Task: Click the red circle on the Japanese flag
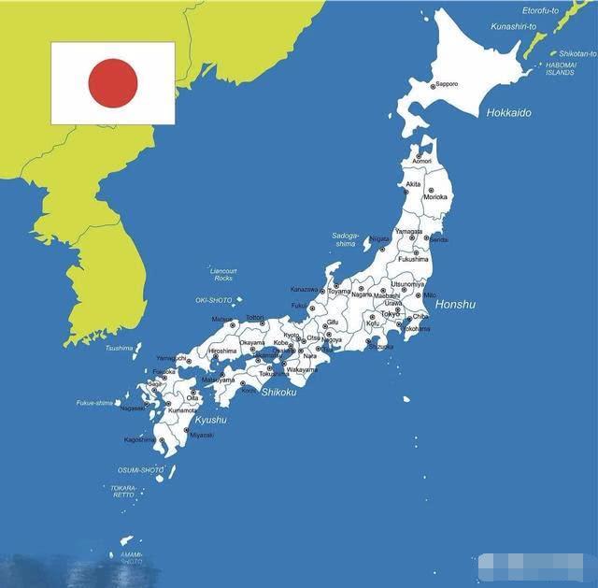[113, 81]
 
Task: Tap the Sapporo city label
[447, 84]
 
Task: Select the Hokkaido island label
[508, 113]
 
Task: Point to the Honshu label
[456, 305]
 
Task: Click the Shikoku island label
[278, 392]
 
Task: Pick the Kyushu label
[210, 420]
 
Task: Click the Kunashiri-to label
[514, 26]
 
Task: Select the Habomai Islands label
[561, 68]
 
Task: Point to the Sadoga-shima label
[346, 239]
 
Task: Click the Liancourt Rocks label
[223, 274]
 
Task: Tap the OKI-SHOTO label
[213, 300]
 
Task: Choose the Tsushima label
[119, 348]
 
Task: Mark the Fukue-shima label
[94, 403]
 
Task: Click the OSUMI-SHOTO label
[140, 469]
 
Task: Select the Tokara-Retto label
[124, 491]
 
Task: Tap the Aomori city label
[422, 162]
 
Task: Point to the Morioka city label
[435, 197]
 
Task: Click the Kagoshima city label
[140, 439]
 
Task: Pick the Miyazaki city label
[202, 435]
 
